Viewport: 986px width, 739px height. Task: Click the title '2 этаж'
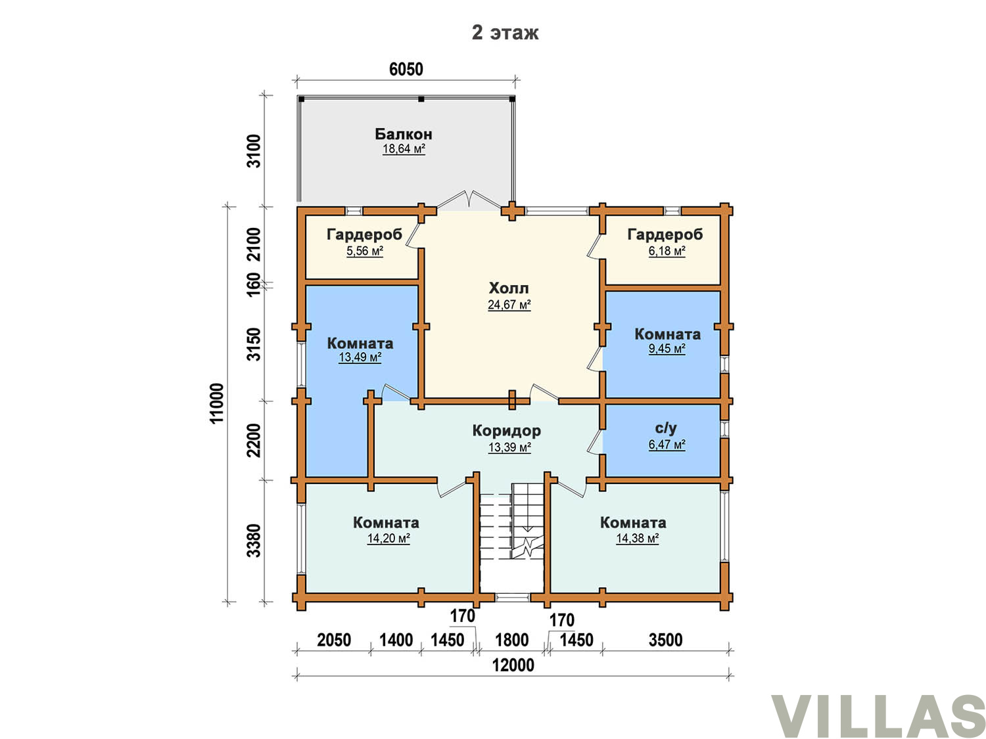[504, 33]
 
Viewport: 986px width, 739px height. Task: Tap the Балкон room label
[404, 134]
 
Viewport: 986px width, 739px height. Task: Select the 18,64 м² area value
[404, 149]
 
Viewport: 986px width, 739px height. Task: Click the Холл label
[509, 288]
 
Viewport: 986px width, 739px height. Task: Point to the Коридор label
[506, 431]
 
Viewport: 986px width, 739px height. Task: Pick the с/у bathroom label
[666, 428]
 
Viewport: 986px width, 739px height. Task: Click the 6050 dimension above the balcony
[406, 70]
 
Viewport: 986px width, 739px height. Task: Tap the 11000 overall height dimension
[216, 403]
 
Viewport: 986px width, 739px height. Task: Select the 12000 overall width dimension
[513, 665]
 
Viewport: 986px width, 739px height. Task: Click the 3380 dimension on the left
[254, 540]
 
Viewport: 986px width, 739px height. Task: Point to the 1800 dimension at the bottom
[511, 640]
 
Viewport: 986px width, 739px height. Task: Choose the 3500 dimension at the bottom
[665, 640]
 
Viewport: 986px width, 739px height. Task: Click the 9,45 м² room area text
[667, 349]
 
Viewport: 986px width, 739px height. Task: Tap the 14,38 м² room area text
[637, 538]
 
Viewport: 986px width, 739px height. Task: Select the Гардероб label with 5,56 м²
[364, 235]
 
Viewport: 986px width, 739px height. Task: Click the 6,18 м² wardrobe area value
[667, 251]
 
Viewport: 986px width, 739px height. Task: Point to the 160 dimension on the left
[254, 284]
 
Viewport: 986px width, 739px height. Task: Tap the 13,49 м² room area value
[360, 357]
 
